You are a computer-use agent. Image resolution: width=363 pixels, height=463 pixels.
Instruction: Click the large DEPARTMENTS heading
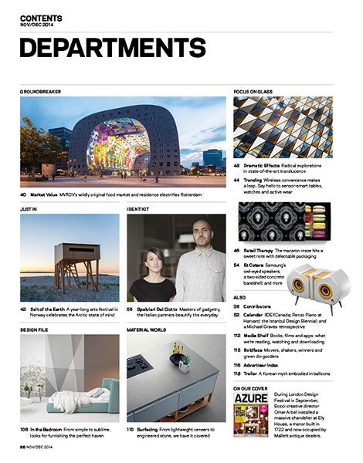(x=113, y=49)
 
